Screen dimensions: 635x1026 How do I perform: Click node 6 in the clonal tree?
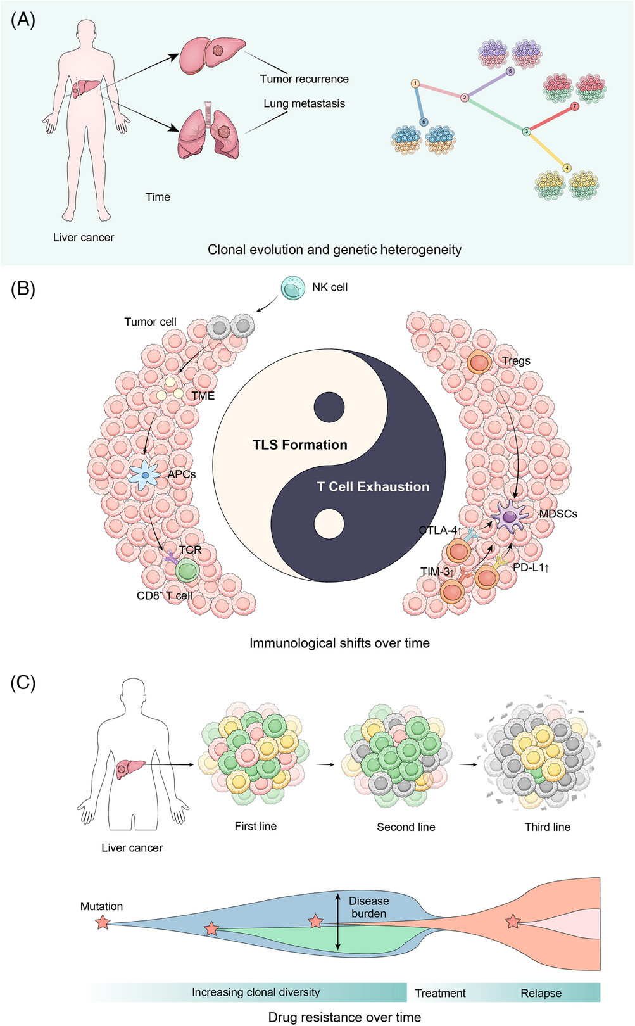pyautogui.click(x=510, y=72)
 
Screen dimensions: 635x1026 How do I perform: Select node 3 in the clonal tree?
pyautogui.click(x=527, y=132)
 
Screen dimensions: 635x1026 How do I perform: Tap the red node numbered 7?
pyautogui.click(x=575, y=107)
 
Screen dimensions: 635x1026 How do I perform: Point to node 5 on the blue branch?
pyautogui.click(x=424, y=122)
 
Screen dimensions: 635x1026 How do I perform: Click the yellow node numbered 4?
pyautogui.click(x=567, y=168)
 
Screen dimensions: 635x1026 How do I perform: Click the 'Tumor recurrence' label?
pyautogui.click(x=305, y=79)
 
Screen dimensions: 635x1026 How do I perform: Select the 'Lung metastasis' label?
pyautogui.click(x=305, y=103)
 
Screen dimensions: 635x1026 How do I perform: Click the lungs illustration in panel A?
pyautogui.click(x=209, y=130)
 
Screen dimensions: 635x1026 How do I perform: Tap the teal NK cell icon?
pyautogui.click(x=293, y=288)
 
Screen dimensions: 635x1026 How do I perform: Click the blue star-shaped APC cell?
pyautogui.click(x=145, y=476)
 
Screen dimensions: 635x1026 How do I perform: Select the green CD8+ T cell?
pyautogui.click(x=187, y=571)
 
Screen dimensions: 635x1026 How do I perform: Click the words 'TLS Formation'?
pyautogui.click(x=300, y=445)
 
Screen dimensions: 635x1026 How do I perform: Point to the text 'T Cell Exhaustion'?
pyautogui.click(x=373, y=486)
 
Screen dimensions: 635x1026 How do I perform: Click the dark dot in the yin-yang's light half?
pyautogui.click(x=329, y=407)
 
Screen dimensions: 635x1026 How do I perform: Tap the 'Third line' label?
pyautogui.click(x=548, y=826)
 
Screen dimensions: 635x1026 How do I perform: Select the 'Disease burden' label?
pyautogui.click(x=369, y=907)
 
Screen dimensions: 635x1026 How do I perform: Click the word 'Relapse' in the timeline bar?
pyautogui.click(x=541, y=993)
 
